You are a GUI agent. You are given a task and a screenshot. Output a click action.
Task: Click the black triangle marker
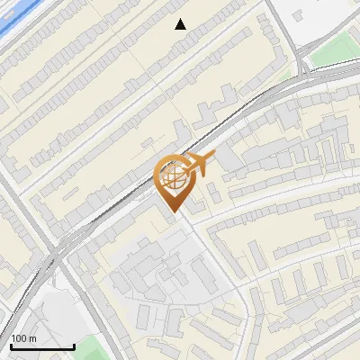coord(181,24)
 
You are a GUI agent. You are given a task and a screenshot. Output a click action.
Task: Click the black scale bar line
coord(41,347)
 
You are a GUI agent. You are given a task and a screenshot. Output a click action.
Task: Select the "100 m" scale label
coord(23,338)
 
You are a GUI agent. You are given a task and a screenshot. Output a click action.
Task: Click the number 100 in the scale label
coord(20,338)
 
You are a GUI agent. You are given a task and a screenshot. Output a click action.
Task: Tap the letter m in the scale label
coord(32,338)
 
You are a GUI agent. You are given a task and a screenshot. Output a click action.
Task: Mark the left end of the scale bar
coord(10,347)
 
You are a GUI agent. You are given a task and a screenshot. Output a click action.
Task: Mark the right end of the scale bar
coord(74,347)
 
